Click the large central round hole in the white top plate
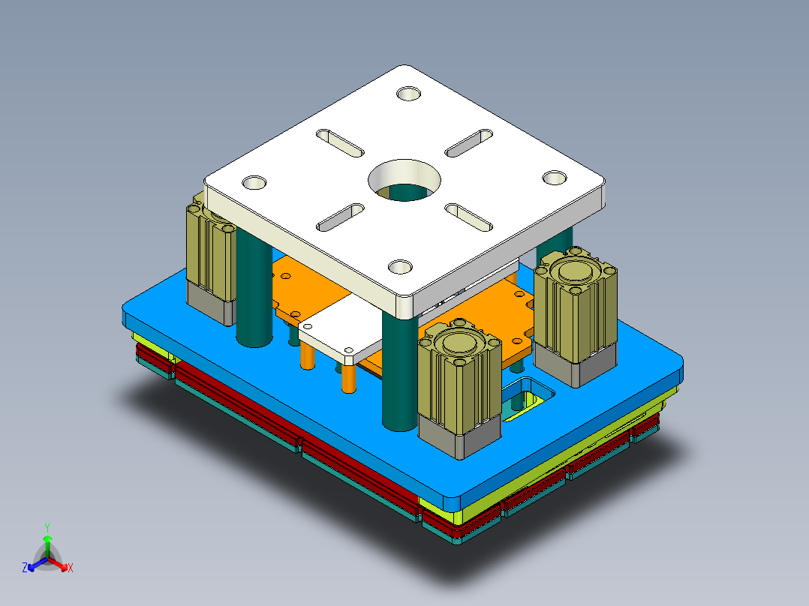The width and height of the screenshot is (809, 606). [x=404, y=180]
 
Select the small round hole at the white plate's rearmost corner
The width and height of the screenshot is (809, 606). [x=409, y=94]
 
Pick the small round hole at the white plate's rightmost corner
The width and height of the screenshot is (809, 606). [x=555, y=178]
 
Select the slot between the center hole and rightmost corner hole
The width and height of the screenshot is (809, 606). [x=470, y=217]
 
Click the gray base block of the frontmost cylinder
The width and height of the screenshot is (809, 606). [x=459, y=436]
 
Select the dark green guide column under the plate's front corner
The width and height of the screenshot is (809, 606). [x=398, y=375]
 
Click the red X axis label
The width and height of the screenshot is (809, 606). [x=71, y=568]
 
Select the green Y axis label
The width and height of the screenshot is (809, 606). [x=47, y=527]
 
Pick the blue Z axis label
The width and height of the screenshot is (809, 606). [x=25, y=568]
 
